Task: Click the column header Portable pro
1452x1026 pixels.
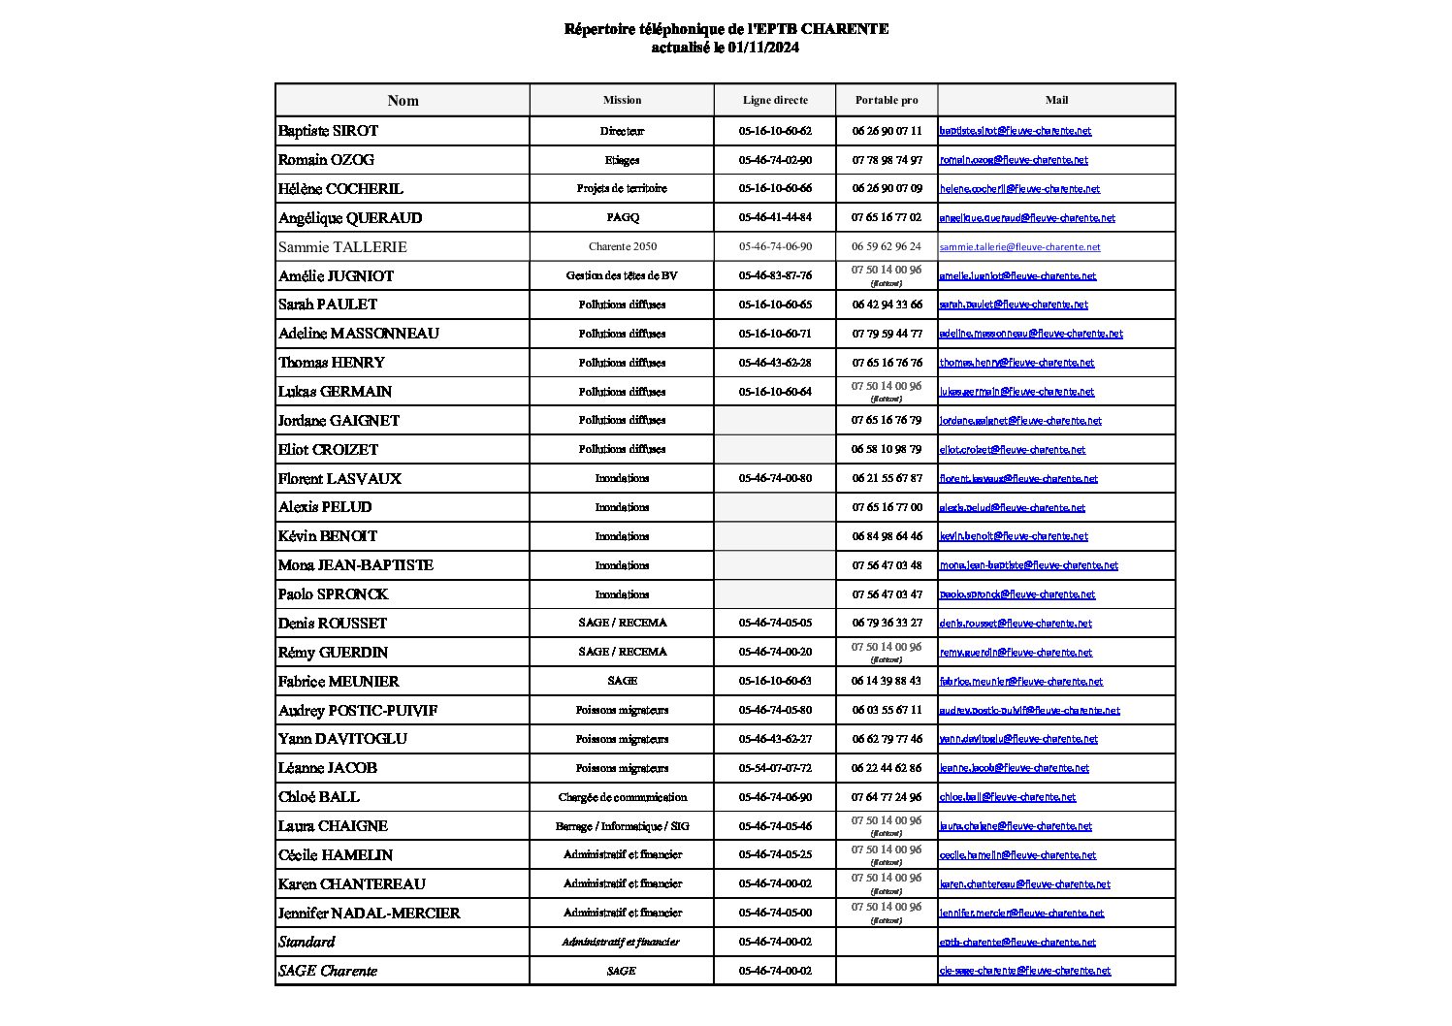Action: (x=886, y=100)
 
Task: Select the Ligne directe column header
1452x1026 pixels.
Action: (x=774, y=100)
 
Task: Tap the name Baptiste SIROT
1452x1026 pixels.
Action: (x=328, y=131)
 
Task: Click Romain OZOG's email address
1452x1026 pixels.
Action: (x=1013, y=160)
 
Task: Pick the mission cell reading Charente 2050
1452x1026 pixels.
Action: (x=622, y=246)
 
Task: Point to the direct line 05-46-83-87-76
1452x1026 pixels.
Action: (x=774, y=275)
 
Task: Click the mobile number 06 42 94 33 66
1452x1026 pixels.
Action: (x=887, y=305)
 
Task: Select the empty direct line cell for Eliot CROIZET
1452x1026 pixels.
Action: (x=774, y=449)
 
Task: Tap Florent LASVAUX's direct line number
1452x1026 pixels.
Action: (x=774, y=478)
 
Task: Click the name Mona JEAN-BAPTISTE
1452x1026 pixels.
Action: (x=355, y=565)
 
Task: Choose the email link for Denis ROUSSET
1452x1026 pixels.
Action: (x=1015, y=624)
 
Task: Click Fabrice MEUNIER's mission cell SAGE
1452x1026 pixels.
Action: (x=622, y=681)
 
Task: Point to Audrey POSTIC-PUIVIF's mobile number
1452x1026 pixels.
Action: (x=887, y=710)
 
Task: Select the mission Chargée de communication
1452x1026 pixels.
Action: (x=622, y=797)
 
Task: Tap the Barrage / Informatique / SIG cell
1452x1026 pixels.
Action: (x=622, y=826)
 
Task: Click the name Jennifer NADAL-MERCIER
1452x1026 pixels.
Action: (x=369, y=913)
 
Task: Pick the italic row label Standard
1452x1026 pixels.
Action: (x=307, y=942)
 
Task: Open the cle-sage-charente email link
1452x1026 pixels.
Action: (x=1024, y=971)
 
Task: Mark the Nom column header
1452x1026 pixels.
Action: (x=403, y=101)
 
